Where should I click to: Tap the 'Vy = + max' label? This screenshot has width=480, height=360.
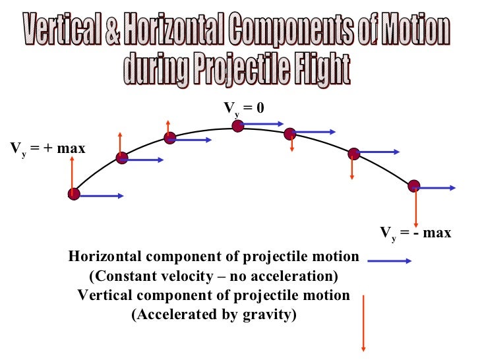(47, 148)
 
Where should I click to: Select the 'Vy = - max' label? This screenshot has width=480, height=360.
(415, 233)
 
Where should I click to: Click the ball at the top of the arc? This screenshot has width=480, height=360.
(238, 125)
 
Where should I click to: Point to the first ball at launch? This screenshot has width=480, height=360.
(73, 194)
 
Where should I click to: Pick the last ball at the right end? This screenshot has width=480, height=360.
(413, 186)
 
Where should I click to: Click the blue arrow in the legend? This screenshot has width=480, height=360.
(389, 261)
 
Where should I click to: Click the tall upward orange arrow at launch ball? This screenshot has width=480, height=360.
(73, 171)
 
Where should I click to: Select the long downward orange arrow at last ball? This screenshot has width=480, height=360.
(416, 208)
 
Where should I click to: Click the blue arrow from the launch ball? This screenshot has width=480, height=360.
(101, 196)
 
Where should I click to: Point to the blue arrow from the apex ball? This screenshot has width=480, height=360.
(262, 123)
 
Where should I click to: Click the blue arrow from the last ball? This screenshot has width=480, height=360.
(436, 188)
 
